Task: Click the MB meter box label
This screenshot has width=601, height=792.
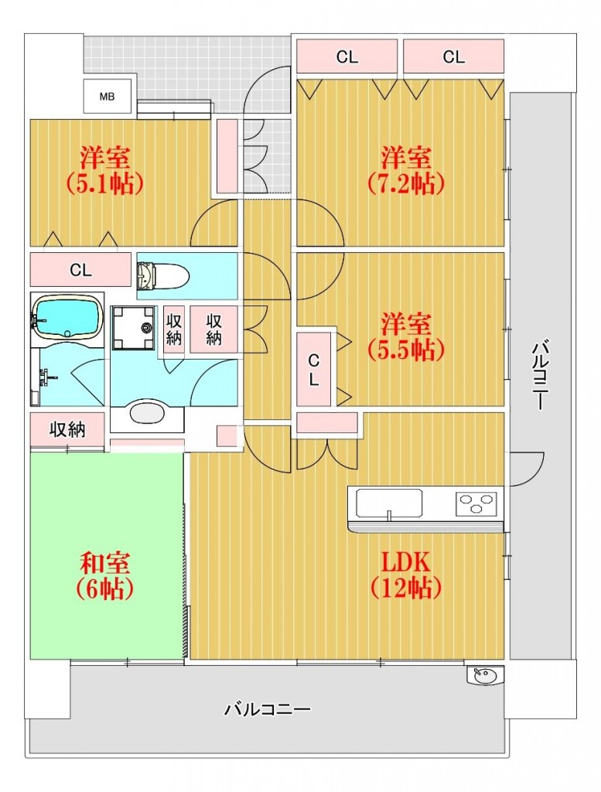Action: pyautogui.click(x=107, y=97)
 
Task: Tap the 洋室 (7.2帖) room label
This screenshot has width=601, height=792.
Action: pyautogui.click(x=406, y=170)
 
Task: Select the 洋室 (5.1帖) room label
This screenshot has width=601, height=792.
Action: pyautogui.click(x=105, y=170)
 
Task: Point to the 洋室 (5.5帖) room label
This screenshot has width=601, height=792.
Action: pyautogui.click(x=406, y=336)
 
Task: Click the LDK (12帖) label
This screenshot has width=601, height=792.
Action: pyautogui.click(x=406, y=575)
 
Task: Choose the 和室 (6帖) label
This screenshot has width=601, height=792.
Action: pyautogui.click(x=105, y=575)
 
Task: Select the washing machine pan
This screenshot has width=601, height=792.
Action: pyautogui.click(x=133, y=328)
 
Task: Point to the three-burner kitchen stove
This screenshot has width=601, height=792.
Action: pyautogui.click(x=476, y=503)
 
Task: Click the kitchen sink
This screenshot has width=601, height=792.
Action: pyautogui.click(x=389, y=503)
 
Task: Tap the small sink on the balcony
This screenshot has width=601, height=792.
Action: pyautogui.click(x=485, y=675)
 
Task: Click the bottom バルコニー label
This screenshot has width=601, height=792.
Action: pyautogui.click(x=267, y=710)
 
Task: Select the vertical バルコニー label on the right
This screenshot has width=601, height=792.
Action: pyautogui.click(x=540, y=375)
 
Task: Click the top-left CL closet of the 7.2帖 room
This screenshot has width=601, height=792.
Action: pyautogui.click(x=347, y=56)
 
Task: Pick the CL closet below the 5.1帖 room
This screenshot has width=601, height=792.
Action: pyautogui.click(x=80, y=270)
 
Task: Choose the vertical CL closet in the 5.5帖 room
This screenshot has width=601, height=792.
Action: pyautogui.click(x=313, y=370)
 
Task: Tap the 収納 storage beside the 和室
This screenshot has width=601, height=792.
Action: pyautogui.click(x=67, y=430)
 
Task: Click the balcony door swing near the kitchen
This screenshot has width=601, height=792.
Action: pyautogui.click(x=527, y=469)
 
